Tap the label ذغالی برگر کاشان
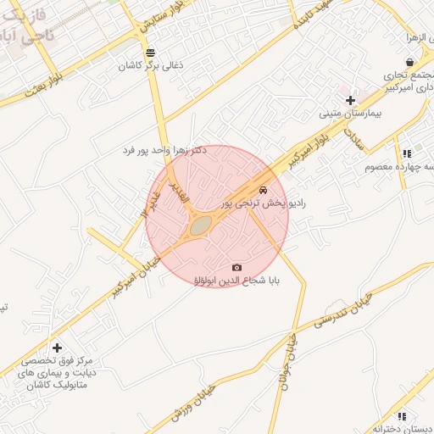tap(149, 65)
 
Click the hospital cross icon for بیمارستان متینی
tap(350, 100)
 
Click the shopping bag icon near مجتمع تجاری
tap(410, 62)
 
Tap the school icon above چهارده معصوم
tap(407, 153)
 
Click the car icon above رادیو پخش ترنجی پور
tap(264, 190)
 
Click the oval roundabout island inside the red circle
tap(200, 225)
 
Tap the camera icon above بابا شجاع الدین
tap(236, 268)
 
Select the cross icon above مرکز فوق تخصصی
tap(57, 348)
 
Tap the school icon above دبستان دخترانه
tap(403, 416)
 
